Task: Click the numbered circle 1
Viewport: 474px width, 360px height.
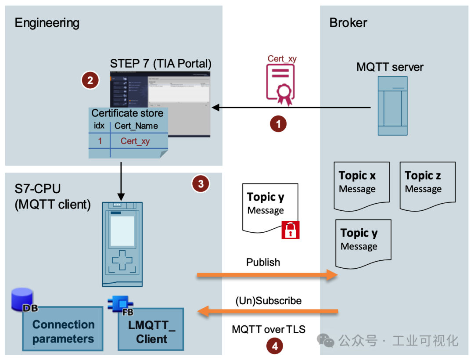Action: click(278, 124)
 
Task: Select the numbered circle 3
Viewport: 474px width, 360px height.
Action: click(201, 184)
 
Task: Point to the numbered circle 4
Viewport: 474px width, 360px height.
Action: click(275, 346)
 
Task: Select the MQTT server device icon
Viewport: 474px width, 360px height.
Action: click(392, 106)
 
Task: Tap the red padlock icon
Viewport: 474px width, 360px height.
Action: click(290, 230)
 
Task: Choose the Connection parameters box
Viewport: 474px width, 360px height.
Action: click(63, 331)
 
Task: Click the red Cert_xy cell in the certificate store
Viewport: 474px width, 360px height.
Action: click(135, 141)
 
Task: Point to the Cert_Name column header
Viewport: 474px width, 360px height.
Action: click(136, 126)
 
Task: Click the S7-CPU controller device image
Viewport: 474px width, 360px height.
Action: click(122, 244)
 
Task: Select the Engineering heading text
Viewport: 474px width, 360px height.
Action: click(47, 23)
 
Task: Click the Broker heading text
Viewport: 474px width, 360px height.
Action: click(348, 23)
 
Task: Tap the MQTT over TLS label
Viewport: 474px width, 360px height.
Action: click(269, 329)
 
